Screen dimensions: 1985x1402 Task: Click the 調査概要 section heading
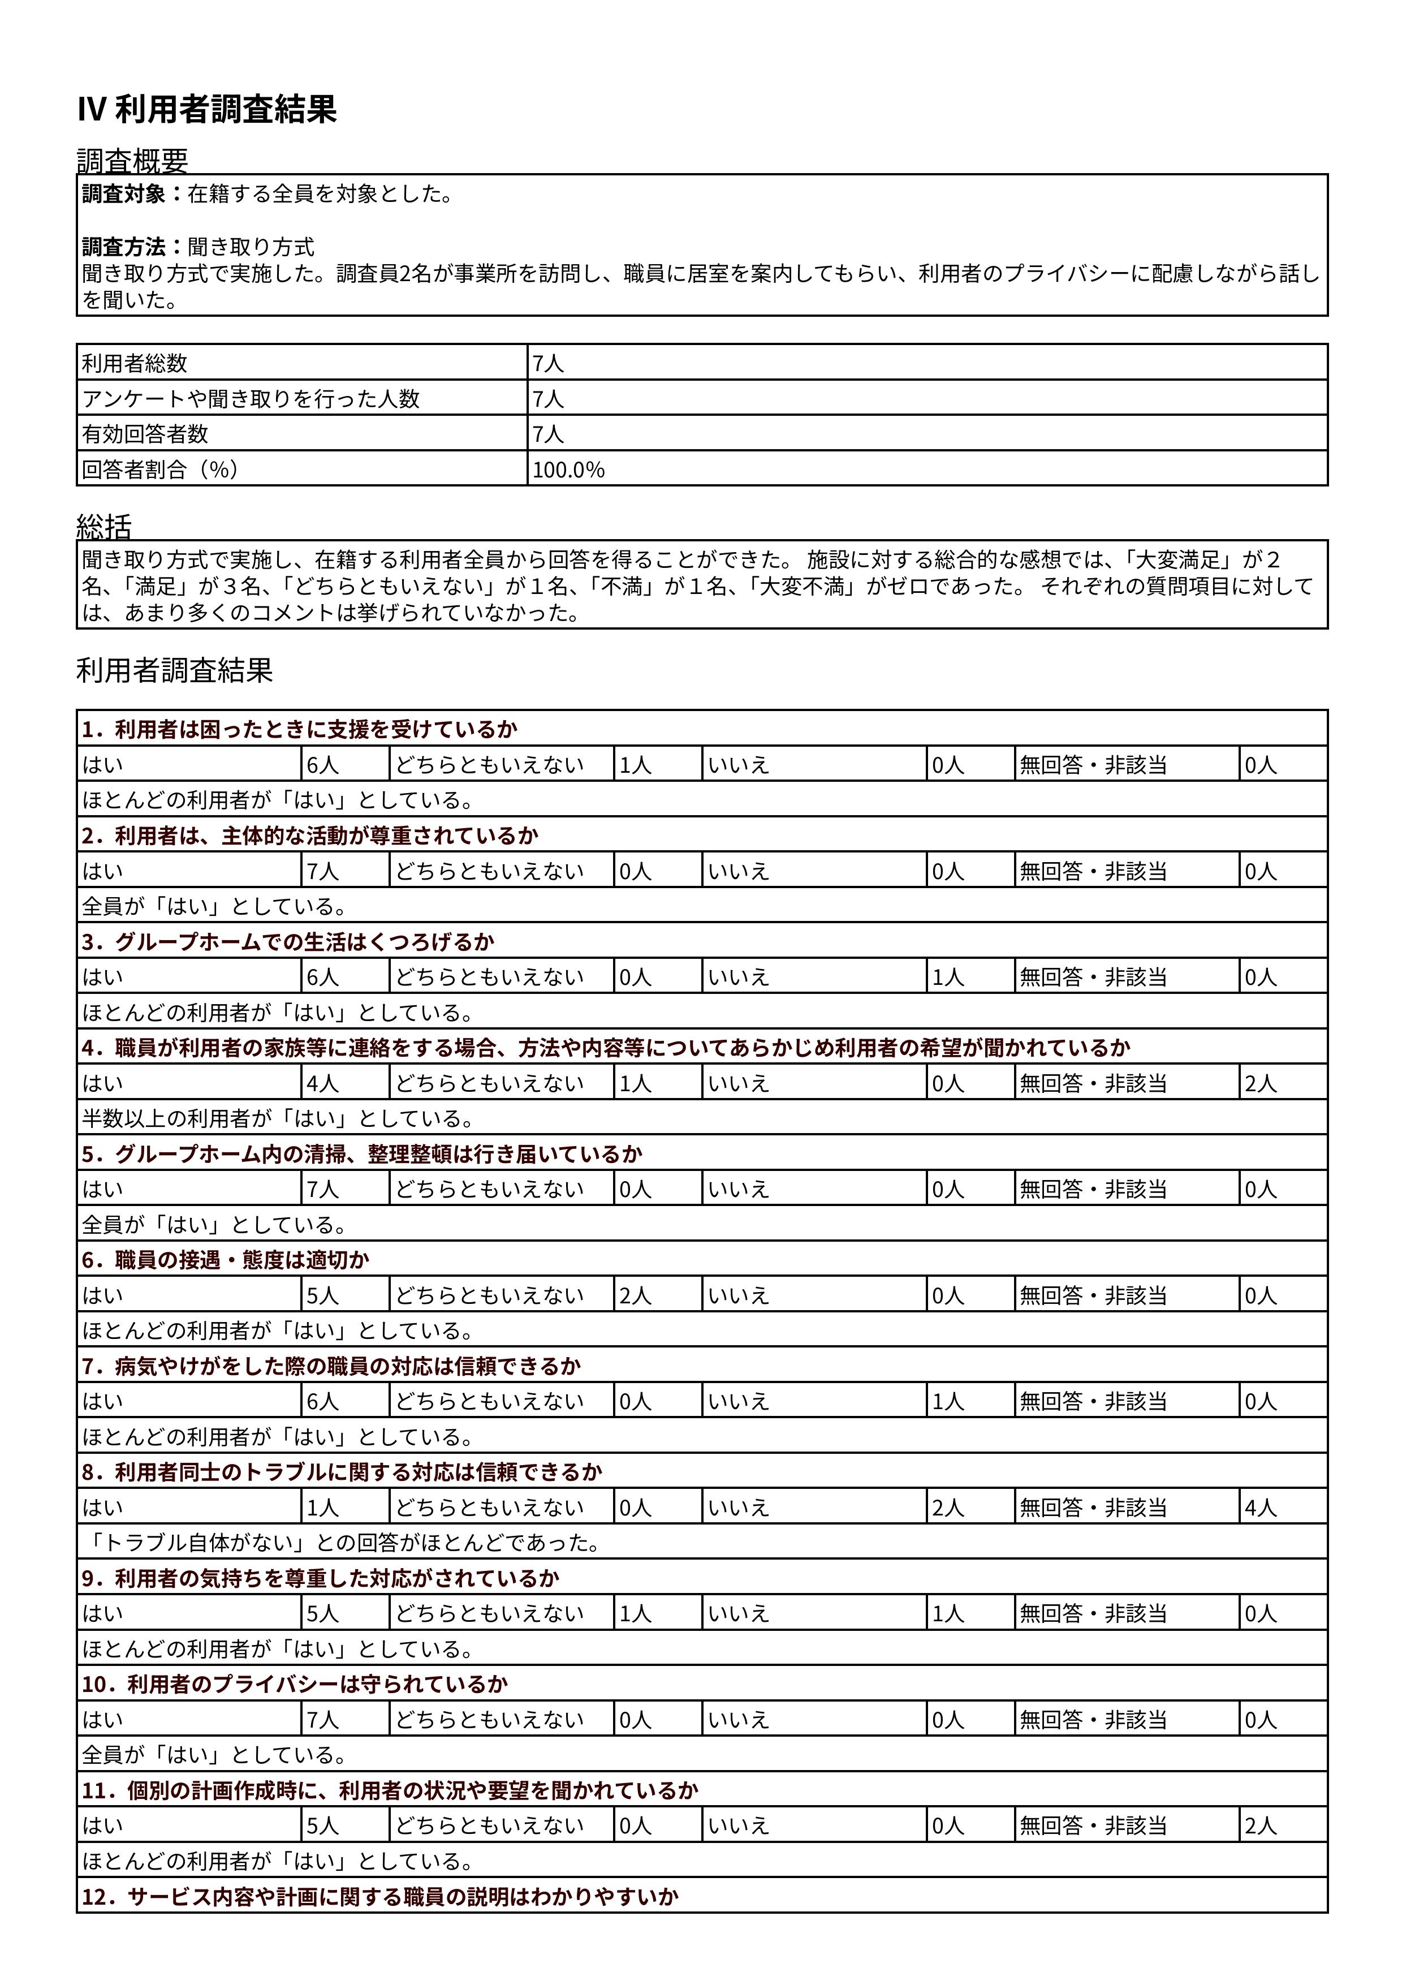132,161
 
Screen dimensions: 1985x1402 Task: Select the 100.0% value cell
569,470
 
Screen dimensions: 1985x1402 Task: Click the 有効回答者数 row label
145,434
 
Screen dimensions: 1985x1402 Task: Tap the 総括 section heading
105,527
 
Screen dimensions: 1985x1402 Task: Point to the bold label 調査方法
124,247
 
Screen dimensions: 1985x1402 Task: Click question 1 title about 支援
300,729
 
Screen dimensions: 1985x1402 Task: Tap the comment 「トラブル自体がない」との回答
342,1543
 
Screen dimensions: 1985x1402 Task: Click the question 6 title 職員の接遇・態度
226,1260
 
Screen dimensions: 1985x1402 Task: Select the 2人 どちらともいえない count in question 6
635,1295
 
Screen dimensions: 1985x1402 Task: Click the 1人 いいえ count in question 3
948,977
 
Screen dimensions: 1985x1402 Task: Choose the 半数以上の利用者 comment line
278,1119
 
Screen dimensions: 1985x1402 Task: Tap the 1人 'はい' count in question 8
322,1508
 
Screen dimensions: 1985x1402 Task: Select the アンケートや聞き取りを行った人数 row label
251,399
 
